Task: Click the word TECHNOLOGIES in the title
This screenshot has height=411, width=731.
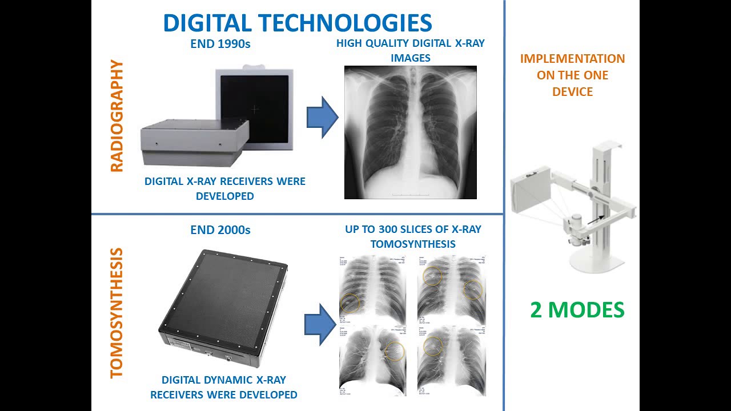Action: (346, 23)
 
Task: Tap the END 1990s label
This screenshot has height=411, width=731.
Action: (220, 44)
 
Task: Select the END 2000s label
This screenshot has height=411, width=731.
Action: (220, 231)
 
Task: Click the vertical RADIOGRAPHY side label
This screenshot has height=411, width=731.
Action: (117, 116)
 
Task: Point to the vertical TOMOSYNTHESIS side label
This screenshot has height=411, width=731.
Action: (117, 312)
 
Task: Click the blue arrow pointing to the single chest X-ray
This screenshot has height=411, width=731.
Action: (322, 117)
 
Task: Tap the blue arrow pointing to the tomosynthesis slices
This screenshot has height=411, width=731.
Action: (319, 324)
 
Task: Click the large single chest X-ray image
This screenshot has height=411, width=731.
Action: (410, 132)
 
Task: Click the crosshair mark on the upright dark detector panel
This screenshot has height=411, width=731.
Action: (255, 108)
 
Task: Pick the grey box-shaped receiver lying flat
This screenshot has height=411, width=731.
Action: (194, 143)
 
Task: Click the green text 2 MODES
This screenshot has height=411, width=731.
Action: (577, 310)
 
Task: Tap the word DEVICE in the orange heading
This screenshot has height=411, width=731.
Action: (572, 91)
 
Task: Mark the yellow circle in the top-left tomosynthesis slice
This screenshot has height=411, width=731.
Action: (350, 303)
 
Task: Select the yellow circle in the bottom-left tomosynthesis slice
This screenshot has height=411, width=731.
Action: (395, 352)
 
